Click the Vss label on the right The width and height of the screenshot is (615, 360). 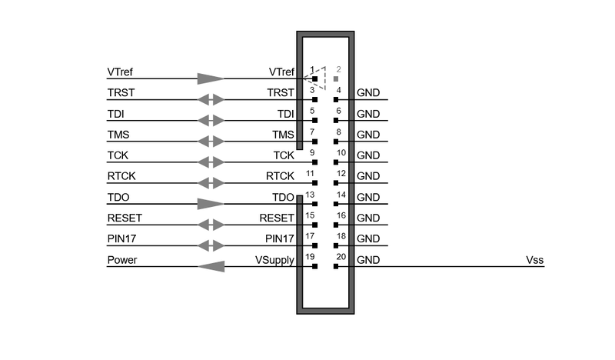click(535, 260)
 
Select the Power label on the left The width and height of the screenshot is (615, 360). click(122, 260)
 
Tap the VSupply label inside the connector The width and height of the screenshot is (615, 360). click(275, 260)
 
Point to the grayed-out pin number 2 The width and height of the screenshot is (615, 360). click(338, 70)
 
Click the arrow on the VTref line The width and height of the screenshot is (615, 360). click(211, 78)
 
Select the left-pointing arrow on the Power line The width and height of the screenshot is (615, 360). click(211, 266)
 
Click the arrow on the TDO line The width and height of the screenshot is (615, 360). click(211, 204)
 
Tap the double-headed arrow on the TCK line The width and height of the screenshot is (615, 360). click(211, 162)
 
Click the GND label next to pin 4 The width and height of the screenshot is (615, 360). click(368, 93)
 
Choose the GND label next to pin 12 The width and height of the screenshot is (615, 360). click(368, 176)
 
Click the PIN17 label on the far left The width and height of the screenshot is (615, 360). click(122, 239)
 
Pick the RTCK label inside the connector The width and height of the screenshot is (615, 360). click(280, 176)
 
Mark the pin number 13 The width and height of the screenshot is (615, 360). click(311, 195)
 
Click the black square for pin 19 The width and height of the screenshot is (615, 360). click(315, 266)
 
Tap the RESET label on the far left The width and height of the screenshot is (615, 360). click(125, 218)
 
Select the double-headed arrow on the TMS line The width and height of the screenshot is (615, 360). click(211, 142)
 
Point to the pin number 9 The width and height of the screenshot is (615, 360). click(312, 153)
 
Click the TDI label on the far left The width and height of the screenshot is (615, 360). click(115, 114)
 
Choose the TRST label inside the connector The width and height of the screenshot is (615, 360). click(281, 93)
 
